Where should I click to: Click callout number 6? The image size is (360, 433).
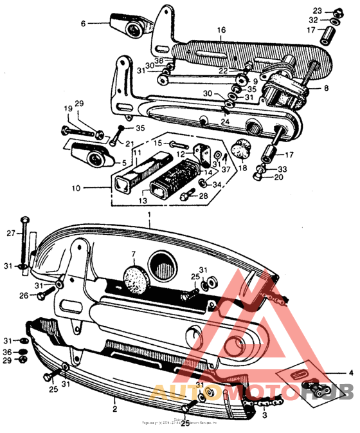point(83,23)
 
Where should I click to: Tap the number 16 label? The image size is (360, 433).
point(221,30)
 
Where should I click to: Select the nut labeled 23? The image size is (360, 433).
point(337,11)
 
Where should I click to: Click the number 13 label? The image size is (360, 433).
point(161,200)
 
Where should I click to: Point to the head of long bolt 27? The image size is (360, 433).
point(24,221)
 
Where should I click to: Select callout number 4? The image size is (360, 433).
point(350,373)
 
